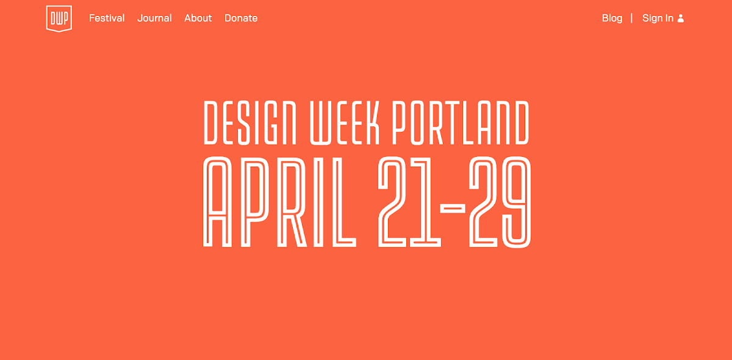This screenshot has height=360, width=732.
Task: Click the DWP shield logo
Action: [x=59, y=19]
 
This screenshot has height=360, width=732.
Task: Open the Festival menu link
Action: [x=107, y=18]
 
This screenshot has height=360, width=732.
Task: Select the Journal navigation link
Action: [x=154, y=18]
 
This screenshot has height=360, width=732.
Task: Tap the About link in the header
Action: [x=198, y=18]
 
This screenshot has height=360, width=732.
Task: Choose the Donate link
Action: [x=241, y=18]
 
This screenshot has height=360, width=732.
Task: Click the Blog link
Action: [x=612, y=18]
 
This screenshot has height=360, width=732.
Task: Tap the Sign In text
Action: [x=658, y=18]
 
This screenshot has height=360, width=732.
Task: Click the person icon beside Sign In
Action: [x=681, y=18]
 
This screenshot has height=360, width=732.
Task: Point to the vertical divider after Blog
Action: [x=632, y=18]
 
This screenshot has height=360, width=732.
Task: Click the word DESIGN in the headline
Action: [x=250, y=123]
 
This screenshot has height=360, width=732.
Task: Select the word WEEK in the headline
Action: [x=345, y=123]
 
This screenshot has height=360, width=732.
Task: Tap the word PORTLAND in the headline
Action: [x=461, y=123]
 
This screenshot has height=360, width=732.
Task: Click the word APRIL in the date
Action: [x=279, y=202]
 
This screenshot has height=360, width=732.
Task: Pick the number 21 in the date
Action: [x=409, y=202]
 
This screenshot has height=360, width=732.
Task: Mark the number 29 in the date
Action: [x=500, y=202]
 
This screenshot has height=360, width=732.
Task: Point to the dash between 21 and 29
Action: [x=453, y=208]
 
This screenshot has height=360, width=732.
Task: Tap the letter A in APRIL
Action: [x=217, y=202]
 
